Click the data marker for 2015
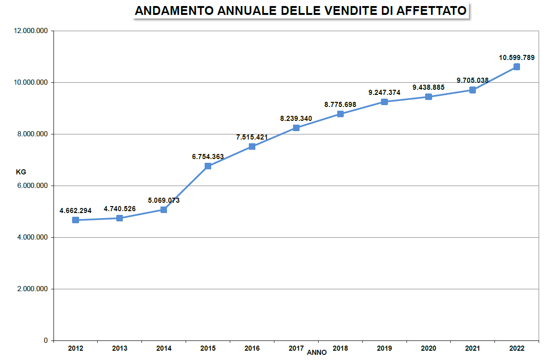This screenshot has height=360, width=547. (x=208, y=166)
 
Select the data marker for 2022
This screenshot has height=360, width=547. (x=517, y=67)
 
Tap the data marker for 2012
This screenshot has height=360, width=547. (x=75, y=220)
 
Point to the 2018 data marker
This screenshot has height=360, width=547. (x=340, y=114)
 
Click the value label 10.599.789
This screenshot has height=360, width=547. (x=517, y=58)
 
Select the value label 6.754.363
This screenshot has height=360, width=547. (x=208, y=157)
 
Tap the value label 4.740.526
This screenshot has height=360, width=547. (x=120, y=209)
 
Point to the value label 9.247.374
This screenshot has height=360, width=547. (x=384, y=93)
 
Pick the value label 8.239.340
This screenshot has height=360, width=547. (x=296, y=119)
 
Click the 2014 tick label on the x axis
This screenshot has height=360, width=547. (x=164, y=348)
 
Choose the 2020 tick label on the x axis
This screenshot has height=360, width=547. (x=428, y=348)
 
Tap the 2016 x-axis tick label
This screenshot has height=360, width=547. (x=252, y=348)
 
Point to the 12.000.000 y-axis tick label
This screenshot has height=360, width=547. (x=32, y=31)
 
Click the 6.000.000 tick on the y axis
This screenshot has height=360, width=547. (x=32, y=186)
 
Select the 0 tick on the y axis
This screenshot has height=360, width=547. (x=46, y=341)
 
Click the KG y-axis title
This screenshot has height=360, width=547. (x=21, y=172)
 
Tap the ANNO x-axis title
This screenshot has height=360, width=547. (x=317, y=353)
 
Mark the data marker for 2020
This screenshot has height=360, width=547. (x=428, y=97)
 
